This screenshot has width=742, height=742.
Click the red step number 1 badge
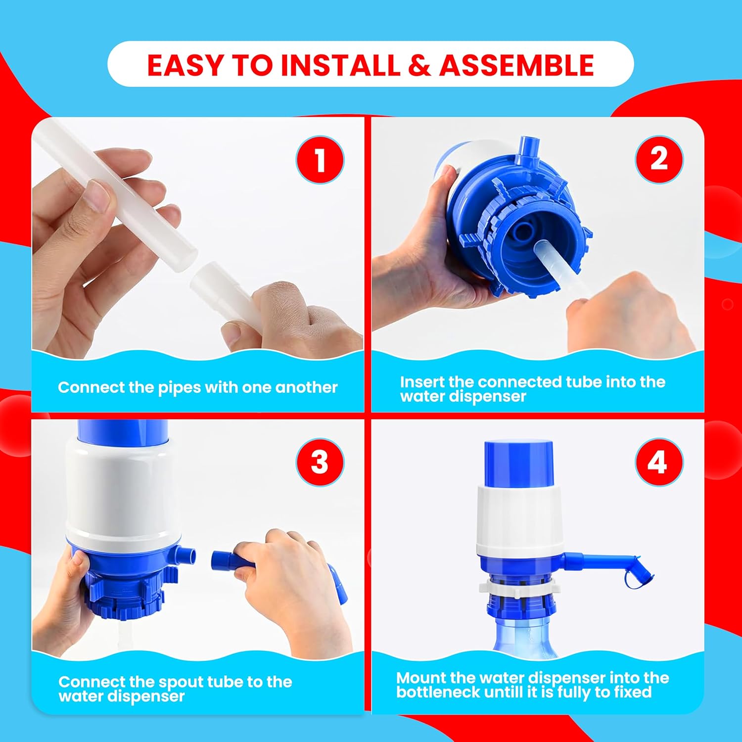[x=320, y=160]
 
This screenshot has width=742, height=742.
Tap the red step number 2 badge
[x=659, y=159]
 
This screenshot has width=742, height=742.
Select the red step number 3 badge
[x=320, y=463]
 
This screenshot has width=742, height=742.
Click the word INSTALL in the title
[x=340, y=65]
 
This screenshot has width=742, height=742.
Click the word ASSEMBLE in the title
[x=516, y=65]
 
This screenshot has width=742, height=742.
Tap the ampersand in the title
[x=419, y=65]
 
